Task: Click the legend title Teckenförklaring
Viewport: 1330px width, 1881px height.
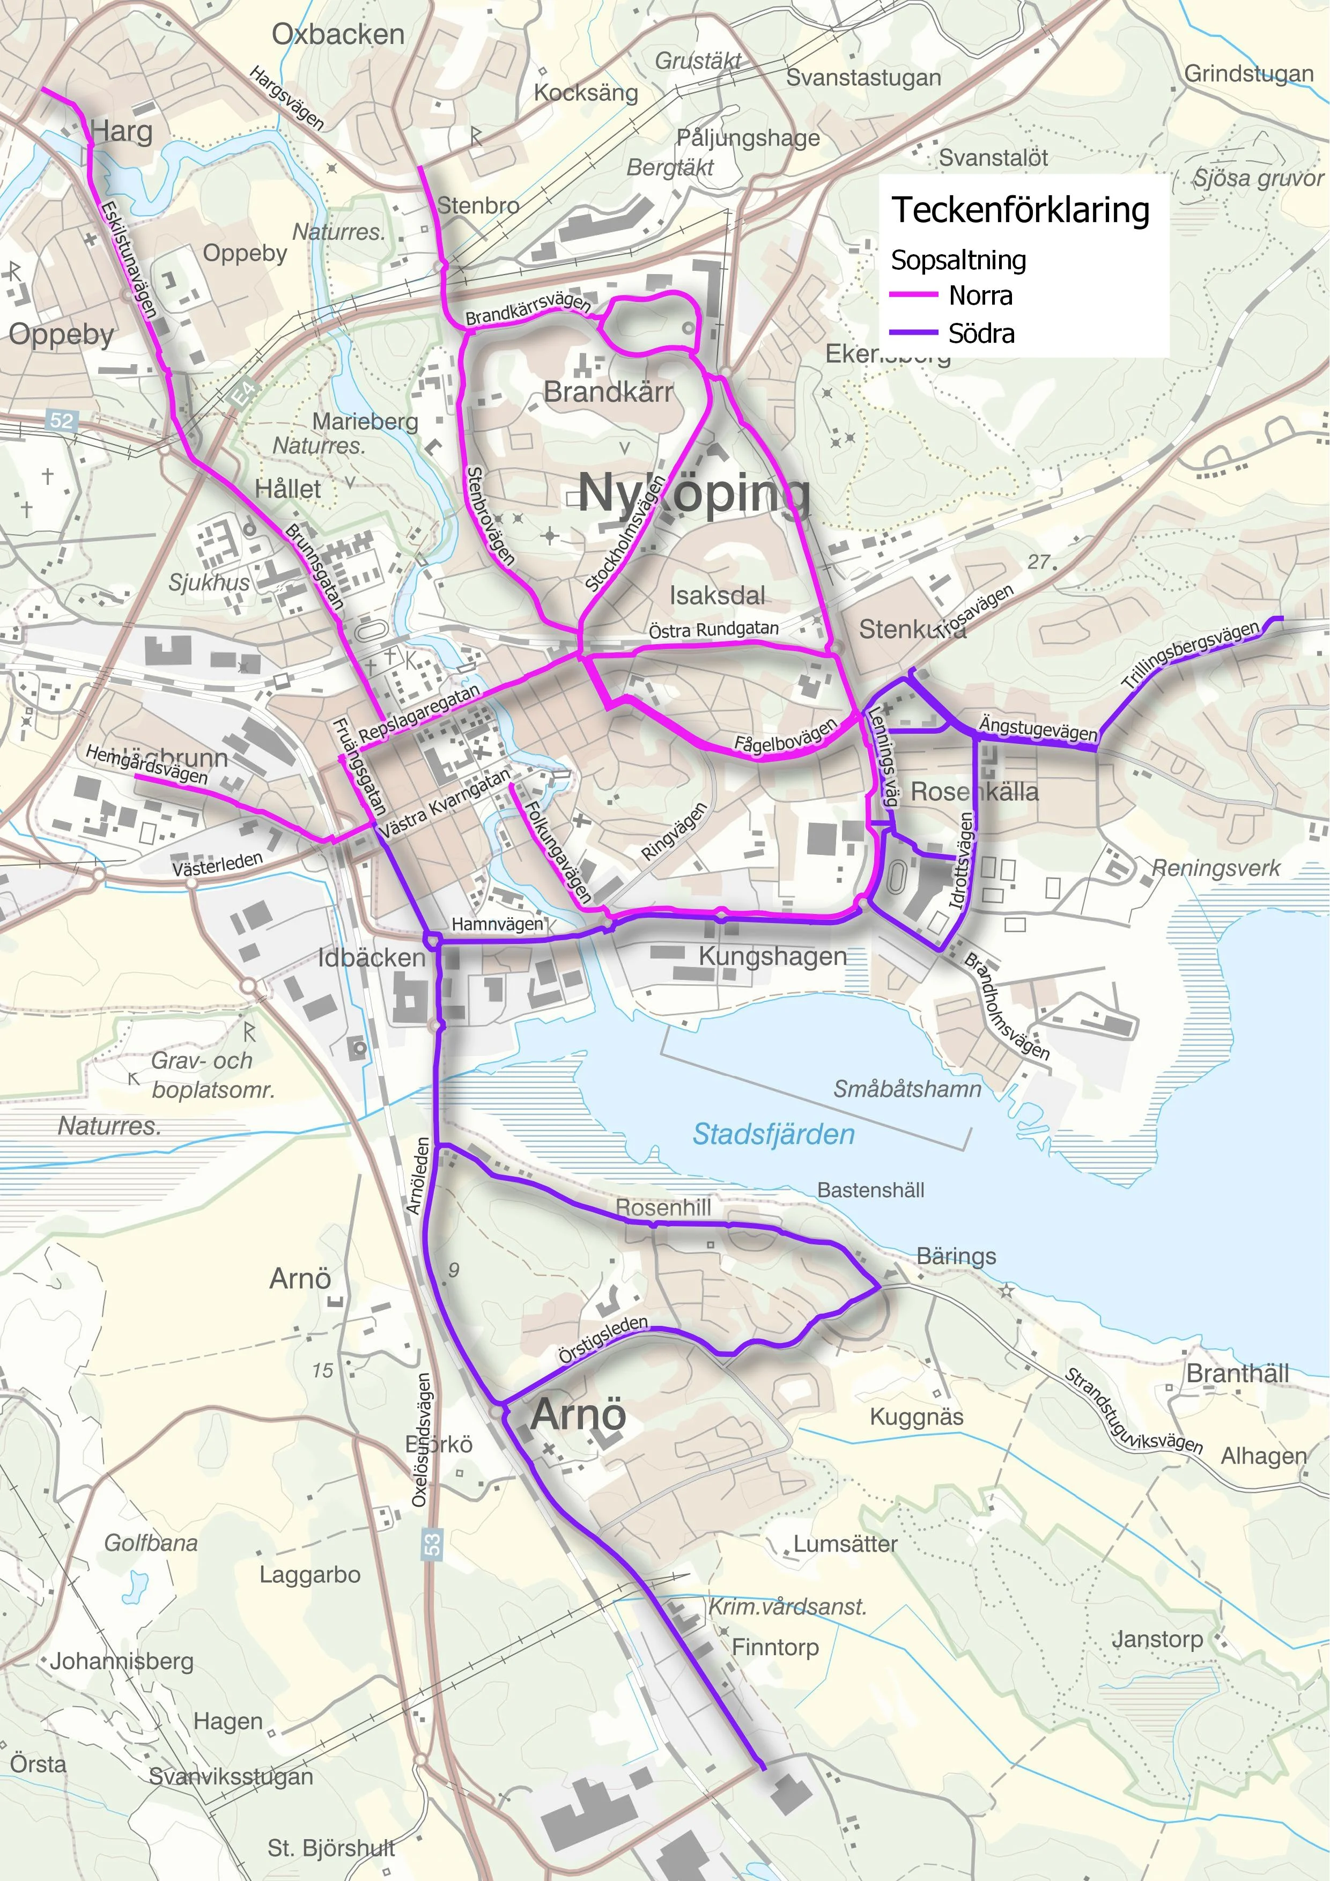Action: tap(1021, 211)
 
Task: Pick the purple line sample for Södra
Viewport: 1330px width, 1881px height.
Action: tap(913, 333)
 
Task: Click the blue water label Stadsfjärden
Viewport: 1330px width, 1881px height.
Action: tap(773, 1134)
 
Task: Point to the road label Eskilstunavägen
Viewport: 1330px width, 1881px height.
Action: tap(129, 258)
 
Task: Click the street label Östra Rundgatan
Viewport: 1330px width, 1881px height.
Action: tap(713, 629)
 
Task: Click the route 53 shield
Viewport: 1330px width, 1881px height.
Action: tap(432, 1544)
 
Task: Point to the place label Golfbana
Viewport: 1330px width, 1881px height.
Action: tap(151, 1543)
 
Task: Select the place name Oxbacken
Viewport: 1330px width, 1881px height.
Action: tap(338, 34)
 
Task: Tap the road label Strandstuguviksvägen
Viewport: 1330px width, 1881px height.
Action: tap(1133, 1411)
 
